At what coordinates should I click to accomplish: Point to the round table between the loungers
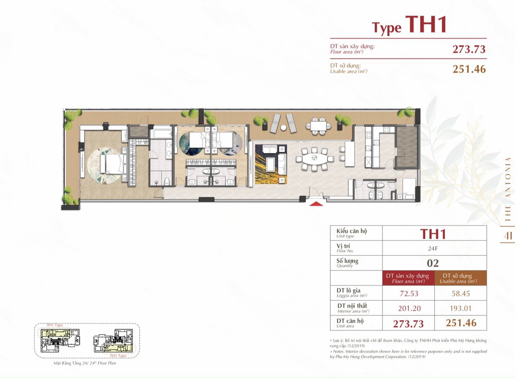point(283,128)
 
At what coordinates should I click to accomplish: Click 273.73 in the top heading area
point(469,49)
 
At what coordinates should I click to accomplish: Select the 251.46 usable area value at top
point(469,69)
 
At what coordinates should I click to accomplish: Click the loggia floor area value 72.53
point(408,294)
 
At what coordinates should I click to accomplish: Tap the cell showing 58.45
point(461,294)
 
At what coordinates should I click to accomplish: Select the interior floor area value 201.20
point(408,308)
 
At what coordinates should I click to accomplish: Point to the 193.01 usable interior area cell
point(461,308)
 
